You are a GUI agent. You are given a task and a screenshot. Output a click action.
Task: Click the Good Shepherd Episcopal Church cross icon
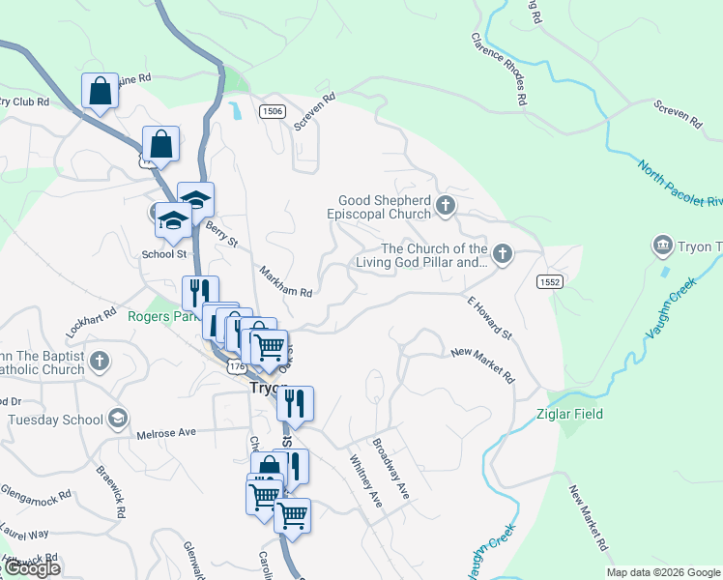click(x=445, y=205)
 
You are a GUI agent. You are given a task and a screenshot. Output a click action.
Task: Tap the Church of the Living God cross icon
click(x=501, y=254)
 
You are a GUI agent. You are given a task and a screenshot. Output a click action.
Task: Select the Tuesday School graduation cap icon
click(x=117, y=419)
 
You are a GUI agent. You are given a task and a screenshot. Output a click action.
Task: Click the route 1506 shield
click(x=273, y=112)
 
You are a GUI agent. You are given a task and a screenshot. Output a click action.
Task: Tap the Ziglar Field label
click(x=569, y=414)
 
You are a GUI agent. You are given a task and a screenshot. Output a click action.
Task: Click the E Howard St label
click(x=489, y=318)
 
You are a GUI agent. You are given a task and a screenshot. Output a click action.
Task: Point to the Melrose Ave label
click(x=166, y=432)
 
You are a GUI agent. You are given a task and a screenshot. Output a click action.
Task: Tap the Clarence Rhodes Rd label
click(x=499, y=69)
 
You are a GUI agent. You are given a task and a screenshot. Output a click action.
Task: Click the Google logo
click(x=31, y=568)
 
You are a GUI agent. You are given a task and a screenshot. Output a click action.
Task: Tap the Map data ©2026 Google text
click(x=663, y=572)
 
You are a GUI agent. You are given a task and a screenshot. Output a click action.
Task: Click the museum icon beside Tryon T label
click(x=663, y=246)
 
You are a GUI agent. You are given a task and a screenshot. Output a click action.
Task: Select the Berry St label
click(x=221, y=234)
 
